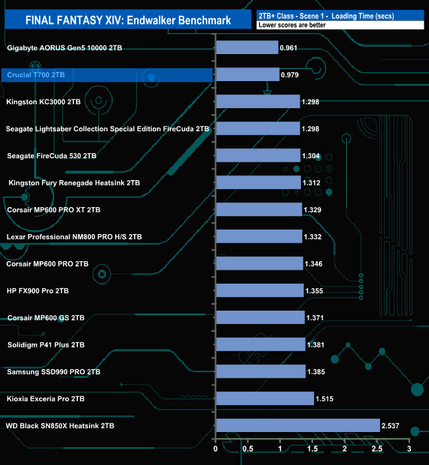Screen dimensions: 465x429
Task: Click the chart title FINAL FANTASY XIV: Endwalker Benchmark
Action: (128, 20)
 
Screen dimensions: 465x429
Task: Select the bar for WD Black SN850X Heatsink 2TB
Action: (298, 426)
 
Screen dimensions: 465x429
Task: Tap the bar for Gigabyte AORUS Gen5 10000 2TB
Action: (247, 48)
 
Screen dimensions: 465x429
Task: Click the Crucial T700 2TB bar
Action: (247, 75)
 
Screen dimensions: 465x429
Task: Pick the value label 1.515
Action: (325, 399)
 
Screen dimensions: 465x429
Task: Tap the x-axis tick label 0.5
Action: (247, 450)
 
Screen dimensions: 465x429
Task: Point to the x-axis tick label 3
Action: (409, 450)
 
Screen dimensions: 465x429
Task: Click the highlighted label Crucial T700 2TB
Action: (36, 75)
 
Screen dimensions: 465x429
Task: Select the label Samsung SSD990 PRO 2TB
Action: (53, 372)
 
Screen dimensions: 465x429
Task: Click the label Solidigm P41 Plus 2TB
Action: (45, 345)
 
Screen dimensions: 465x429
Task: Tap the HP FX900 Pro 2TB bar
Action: (259, 291)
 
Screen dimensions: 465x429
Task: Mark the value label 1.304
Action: (312, 156)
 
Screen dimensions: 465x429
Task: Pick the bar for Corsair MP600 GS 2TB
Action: (260, 318)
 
